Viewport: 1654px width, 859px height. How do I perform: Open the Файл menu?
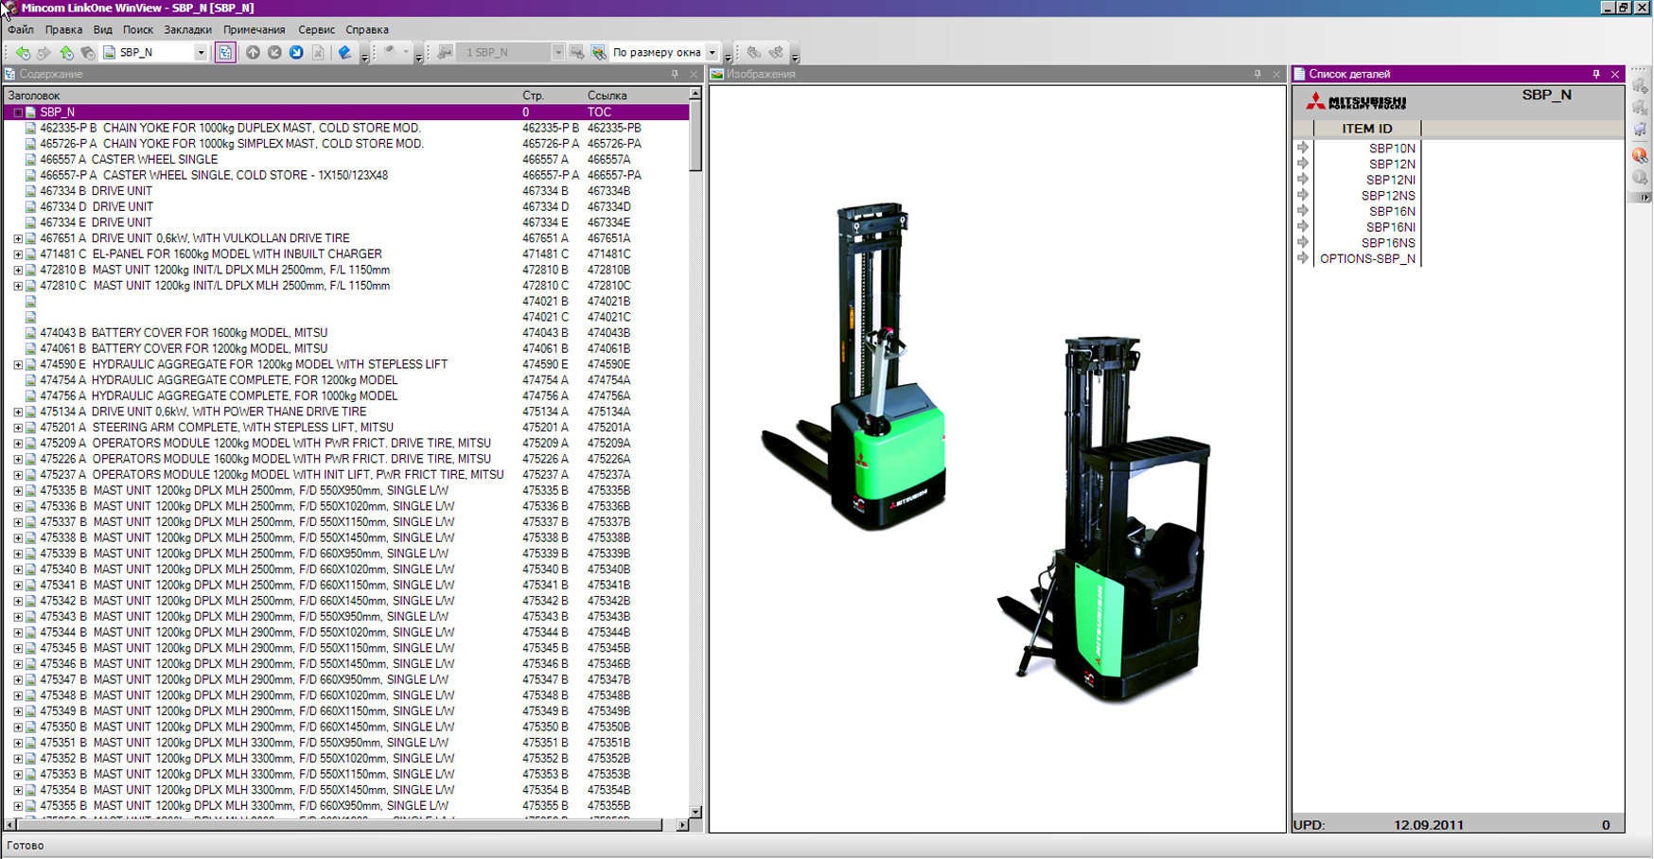tap(20, 29)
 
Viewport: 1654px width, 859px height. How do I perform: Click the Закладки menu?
tap(187, 29)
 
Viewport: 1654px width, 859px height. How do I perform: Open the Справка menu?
tap(367, 29)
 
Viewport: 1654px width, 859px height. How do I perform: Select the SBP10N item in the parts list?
tap(1392, 149)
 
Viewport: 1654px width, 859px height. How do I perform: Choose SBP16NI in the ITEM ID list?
tap(1390, 227)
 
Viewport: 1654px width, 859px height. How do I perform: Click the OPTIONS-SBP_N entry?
tap(1367, 258)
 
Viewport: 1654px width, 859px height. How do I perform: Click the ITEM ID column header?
tap(1366, 129)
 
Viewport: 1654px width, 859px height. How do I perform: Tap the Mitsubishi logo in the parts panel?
tap(1356, 101)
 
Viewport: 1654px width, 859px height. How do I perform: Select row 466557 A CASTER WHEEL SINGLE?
tap(129, 160)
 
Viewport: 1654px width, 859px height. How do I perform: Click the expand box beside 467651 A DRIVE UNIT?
tap(18, 238)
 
